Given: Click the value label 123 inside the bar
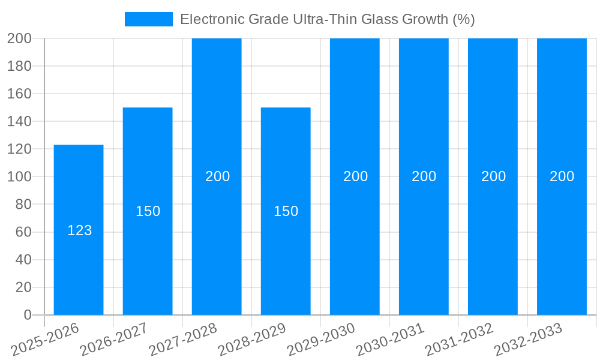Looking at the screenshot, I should click(79, 230).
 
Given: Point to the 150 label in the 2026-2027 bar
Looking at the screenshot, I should click(148, 211).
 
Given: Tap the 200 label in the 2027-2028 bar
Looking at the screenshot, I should click(217, 176).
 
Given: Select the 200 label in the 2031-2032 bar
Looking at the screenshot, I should click(493, 176).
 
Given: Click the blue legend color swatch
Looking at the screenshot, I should click(148, 19).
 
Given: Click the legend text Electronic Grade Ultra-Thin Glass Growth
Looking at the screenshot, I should click(327, 19).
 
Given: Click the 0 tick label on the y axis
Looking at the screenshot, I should click(27, 315).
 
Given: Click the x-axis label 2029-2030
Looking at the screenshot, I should click(322, 340).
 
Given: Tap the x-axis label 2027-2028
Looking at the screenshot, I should click(184, 340).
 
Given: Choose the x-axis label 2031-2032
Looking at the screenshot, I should click(460, 340).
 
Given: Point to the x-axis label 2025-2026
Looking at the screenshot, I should click(46, 340).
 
